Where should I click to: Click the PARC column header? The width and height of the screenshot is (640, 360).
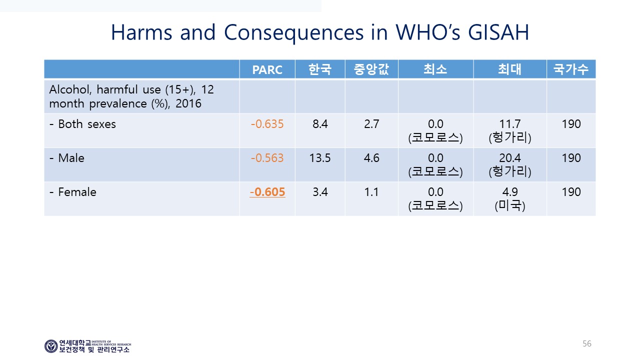pos(267,69)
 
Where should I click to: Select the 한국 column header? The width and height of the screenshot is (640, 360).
pos(320,69)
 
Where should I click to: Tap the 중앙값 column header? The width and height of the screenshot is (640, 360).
pos(371,69)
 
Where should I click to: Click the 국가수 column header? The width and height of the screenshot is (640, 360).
pos(571,69)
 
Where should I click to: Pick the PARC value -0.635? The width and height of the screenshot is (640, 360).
pos(267,124)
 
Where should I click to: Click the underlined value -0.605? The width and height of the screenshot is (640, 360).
pos(267,192)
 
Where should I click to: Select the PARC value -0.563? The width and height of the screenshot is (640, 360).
pos(267,158)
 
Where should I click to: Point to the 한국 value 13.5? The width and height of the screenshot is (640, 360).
pos(320,158)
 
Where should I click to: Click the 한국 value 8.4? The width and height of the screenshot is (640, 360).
pos(320,124)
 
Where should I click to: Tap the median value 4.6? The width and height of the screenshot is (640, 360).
pos(371,158)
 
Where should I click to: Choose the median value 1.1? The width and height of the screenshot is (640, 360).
pos(371,192)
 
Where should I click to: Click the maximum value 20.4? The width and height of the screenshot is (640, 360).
pos(510,158)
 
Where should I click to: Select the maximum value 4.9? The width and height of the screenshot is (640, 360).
pos(510,192)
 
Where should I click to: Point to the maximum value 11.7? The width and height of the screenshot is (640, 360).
pos(510,124)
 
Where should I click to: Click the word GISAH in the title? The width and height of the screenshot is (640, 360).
pos(498,32)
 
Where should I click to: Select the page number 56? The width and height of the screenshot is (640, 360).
pos(587,343)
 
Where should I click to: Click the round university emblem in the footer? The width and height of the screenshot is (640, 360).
pos(51,346)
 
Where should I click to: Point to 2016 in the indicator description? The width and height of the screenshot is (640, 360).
pos(188,103)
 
